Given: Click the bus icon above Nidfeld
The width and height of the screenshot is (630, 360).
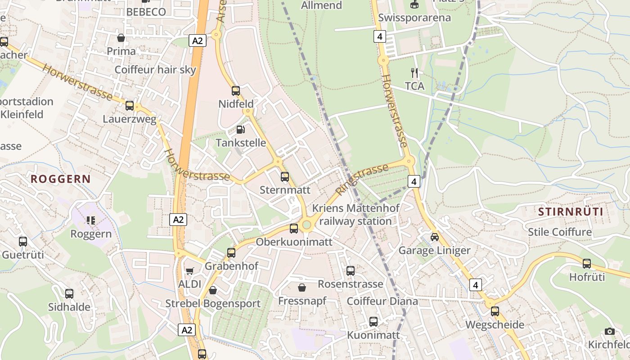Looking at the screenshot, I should [236, 91].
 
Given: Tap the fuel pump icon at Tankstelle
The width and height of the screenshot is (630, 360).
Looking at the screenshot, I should [241, 130].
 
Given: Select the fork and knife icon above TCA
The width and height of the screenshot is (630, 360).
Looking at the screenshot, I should [414, 72].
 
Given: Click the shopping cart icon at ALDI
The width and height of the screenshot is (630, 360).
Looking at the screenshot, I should [190, 271].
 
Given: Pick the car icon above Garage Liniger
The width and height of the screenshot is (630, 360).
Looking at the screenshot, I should [434, 237].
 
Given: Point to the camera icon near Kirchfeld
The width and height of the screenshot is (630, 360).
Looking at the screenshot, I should [610, 332].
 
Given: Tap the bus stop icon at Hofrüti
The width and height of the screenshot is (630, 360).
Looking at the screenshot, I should [587, 264].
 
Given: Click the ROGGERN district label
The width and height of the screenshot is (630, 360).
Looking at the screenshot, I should [61, 179].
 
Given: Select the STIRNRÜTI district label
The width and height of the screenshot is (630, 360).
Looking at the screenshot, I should [571, 211].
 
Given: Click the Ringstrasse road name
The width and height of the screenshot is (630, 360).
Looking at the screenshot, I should [362, 180].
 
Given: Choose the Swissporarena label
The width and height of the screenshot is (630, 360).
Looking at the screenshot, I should [414, 18].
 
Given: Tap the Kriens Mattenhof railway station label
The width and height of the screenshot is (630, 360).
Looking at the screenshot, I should [355, 215].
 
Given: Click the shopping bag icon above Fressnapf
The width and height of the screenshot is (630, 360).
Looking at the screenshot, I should [302, 287].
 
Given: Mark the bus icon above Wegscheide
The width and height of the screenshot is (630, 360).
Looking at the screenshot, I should [495, 311].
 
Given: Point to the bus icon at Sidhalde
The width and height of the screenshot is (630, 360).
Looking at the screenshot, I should [69, 294].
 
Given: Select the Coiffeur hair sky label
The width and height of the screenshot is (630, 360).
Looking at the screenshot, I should [155, 70].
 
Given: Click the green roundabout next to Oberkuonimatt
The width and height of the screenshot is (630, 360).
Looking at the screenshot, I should [307, 225].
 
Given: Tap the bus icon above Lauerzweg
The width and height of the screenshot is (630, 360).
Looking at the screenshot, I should [130, 106].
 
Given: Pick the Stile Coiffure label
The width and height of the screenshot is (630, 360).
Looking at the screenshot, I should [559, 232].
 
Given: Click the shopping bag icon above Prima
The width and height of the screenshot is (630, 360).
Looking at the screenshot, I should [121, 38].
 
